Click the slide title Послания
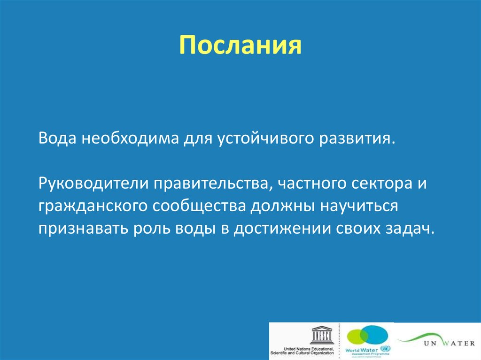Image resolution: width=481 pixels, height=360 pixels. (x=240, y=46)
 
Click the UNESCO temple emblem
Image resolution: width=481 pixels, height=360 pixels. (x=321, y=335)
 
